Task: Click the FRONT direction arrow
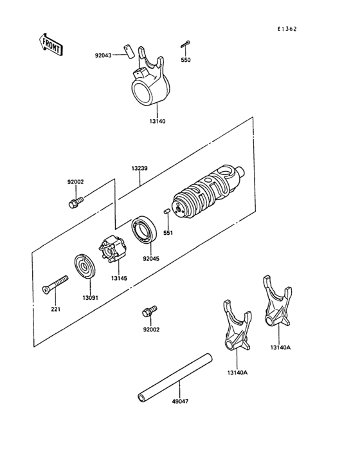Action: [50, 44]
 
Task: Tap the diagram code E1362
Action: [287, 29]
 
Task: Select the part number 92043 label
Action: [103, 55]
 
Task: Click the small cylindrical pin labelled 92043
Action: [128, 52]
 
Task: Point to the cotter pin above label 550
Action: [185, 44]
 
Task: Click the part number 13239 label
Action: [139, 169]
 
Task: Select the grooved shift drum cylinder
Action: [208, 192]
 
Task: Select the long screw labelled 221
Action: [55, 285]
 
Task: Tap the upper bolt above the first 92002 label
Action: [75, 203]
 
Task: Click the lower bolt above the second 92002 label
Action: [149, 311]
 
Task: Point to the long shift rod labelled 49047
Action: [175, 378]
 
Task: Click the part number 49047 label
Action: [180, 401]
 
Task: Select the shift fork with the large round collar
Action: [150, 78]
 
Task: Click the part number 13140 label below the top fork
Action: [157, 122]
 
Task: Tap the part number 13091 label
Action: [90, 298]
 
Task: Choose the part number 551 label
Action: [168, 232]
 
